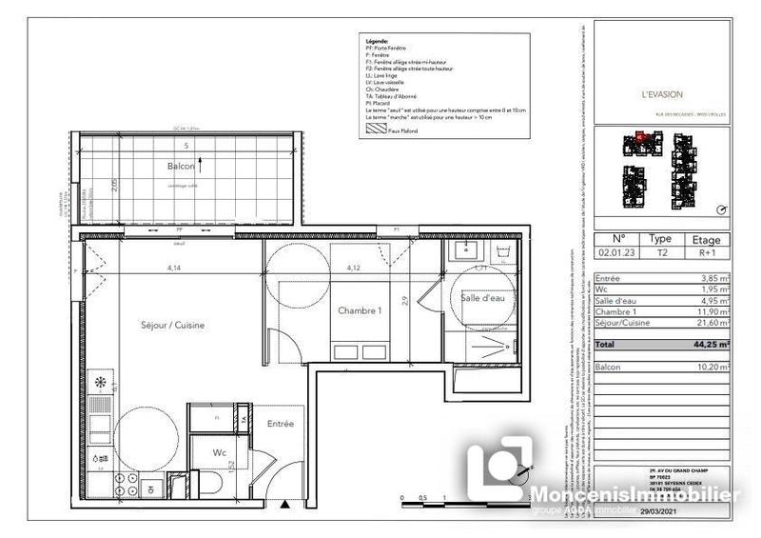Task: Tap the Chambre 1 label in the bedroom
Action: pos(360,310)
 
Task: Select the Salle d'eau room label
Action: pos(484,298)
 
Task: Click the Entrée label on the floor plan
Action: pos(280,423)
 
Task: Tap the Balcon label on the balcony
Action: pos(181,166)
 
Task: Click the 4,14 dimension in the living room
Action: pos(174,269)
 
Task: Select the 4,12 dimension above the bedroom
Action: pos(353,269)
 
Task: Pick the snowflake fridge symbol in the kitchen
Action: pos(102,382)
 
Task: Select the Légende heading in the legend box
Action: pos(377,43)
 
